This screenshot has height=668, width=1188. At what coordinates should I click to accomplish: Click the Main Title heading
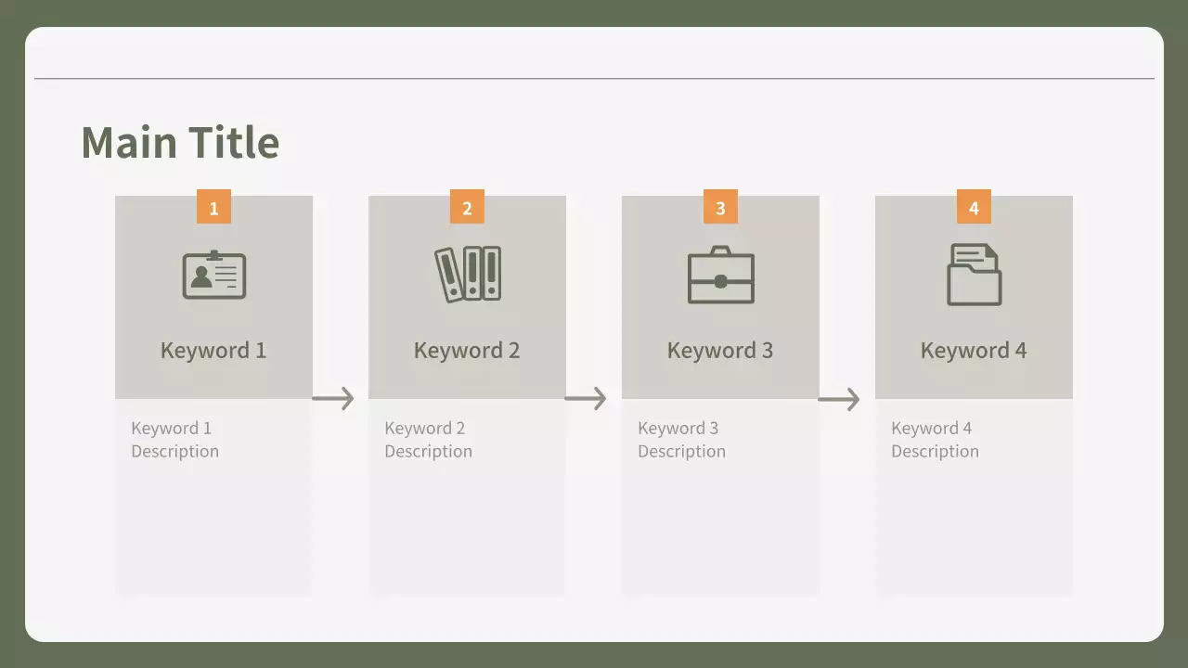pyautogui.click(x=180, y=142)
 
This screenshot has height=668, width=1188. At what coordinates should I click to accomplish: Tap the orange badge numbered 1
pyautogui.click(x=213, y=206)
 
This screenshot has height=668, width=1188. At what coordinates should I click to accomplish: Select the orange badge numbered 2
pyautogui.click(x=467, y=206)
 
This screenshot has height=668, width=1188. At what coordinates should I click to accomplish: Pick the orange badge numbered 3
pyautogui.click(x=721, y=206)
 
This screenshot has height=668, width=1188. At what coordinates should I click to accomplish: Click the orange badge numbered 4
pyautogui.click(x=975, y=206)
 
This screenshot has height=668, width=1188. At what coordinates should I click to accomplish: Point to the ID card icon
pyautogui.click(x=214, y=275)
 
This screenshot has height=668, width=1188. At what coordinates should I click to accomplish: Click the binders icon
pyautogui.click(x=468, y=274)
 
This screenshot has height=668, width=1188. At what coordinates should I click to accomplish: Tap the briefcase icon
pyautogui.click(x=721, y=275)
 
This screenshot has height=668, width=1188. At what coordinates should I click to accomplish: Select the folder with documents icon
pyautogui.click(x=975, y=275)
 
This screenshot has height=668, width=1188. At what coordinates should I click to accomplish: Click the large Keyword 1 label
pyautogui.click(x=213, y=351)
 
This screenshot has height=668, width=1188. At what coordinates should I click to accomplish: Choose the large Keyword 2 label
pyautogui.click(x=467, y=351)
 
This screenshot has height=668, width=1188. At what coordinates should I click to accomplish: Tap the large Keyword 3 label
pyautogui.click(x=720, y=351)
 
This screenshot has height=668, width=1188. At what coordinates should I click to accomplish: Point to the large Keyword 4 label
pyautogui.click(x=974, y=351)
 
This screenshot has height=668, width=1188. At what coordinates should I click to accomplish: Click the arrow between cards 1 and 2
pyautogui.click(x=333, y=399)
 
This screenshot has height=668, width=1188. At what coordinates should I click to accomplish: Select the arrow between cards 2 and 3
pyautogui.click(x=586, y=399)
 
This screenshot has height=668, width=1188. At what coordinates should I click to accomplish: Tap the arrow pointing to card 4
pyautogui.click(x=839, y=399)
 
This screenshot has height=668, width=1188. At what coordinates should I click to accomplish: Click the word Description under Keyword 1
pyautogui.click(x=175, y=452)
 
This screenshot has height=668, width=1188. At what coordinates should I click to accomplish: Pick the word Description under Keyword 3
pyautogui.click(x=681, y=452)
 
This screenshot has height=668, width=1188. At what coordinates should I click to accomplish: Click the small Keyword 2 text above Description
pyautogui.click(x=425, y=429)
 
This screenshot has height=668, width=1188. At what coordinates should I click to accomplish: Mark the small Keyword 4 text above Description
pyautogui.click(x=932, y=429)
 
